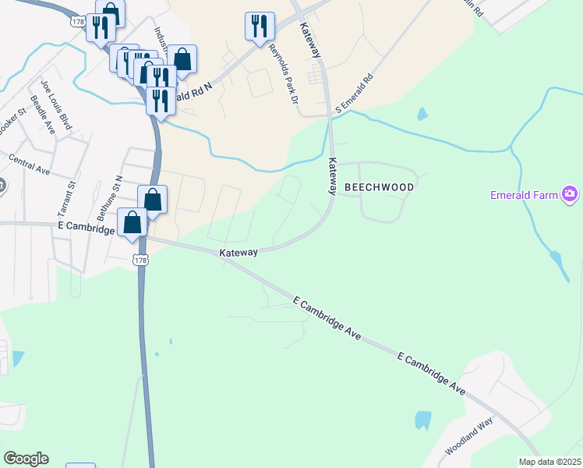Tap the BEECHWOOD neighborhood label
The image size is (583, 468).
tap(380, 188)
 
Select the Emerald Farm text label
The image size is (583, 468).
tap(525, 195)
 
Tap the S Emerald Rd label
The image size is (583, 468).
tap(355, 94)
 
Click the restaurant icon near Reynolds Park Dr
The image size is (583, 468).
tap(260, 26)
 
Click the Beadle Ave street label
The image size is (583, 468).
tap(43, 115)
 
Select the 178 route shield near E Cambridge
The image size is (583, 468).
tap(140, 259)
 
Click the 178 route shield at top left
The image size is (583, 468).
tap(76, 22)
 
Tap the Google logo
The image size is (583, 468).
tap(26, 459)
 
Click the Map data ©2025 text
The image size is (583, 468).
tap(549, 462)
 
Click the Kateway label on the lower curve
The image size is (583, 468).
tap(238, 253)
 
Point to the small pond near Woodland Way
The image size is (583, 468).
tap(422, 420)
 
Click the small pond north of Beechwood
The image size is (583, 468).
tap(422, 114)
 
